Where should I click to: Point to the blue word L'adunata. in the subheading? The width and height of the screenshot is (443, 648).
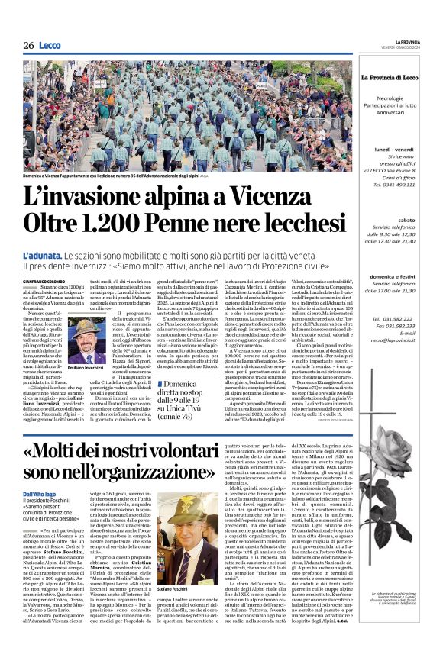coord(41,254)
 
